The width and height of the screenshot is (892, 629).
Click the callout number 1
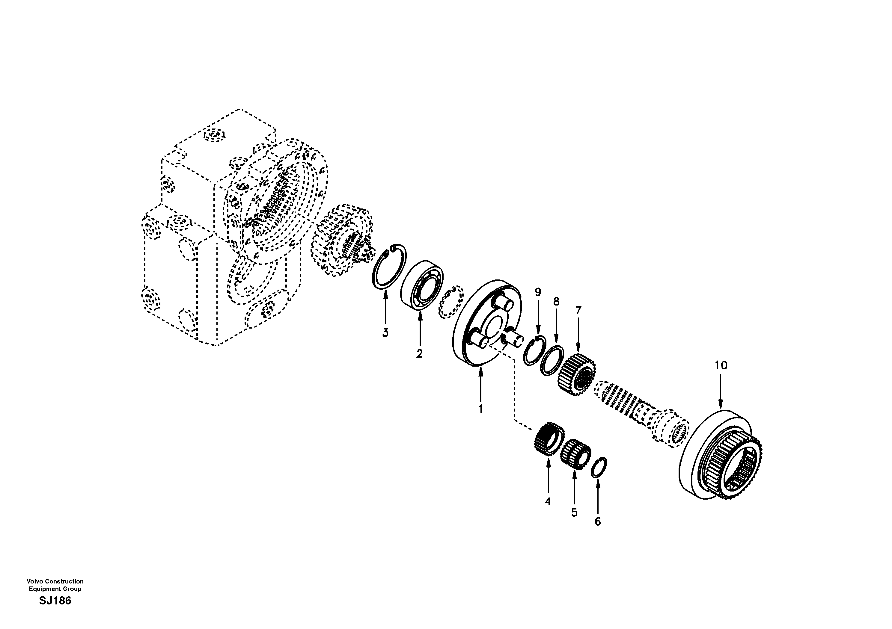pos(480,409)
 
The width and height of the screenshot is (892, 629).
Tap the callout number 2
pos(419,354)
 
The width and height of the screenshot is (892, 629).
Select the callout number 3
pos(385,333)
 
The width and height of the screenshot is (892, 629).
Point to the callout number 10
pos(721,365)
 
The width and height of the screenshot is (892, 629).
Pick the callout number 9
pos(538,292)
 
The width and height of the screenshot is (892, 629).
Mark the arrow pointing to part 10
pos(721,392)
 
